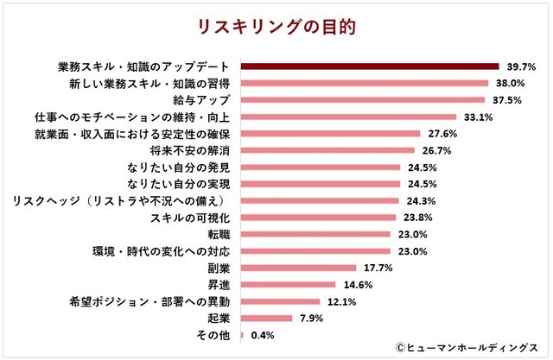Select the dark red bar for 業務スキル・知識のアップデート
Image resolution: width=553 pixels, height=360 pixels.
point(369,66)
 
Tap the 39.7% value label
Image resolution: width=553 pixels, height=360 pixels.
point(521,66)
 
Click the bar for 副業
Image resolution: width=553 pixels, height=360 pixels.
point(297,268)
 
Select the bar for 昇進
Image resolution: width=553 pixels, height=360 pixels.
point(287,284)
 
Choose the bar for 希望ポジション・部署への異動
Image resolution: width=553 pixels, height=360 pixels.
point(279,301)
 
